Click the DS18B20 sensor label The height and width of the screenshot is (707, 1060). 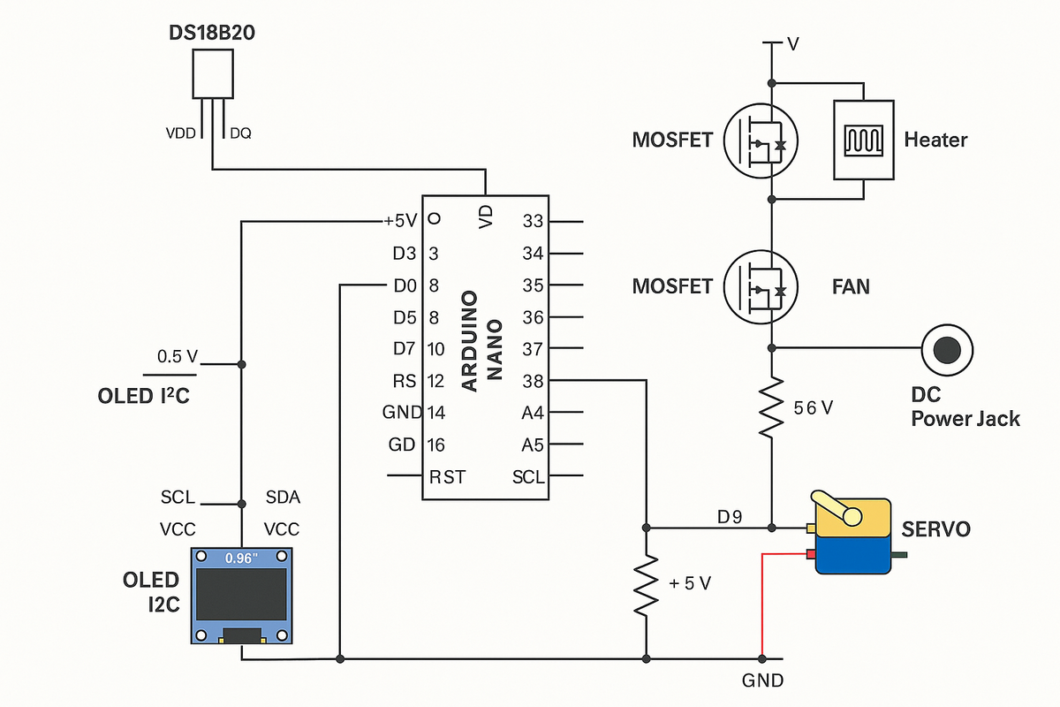212,33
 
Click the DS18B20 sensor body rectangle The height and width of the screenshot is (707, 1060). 213,73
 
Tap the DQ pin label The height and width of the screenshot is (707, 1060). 240,134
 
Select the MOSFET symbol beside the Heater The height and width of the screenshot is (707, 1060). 761,140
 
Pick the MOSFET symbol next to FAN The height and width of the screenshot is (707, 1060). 761,286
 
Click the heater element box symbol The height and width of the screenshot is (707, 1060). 863,139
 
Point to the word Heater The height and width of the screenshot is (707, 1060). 935,140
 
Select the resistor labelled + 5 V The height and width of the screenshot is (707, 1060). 647,586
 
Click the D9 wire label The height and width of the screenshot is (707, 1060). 730,517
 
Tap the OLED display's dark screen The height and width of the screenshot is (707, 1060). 241,594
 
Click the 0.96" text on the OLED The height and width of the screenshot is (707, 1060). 240,559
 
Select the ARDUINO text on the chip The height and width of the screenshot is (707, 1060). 470,340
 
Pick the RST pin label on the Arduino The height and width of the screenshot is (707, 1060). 447,477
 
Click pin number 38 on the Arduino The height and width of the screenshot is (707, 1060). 533,381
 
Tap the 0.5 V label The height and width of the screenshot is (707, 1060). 178,357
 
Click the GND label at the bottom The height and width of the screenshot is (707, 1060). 762,681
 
